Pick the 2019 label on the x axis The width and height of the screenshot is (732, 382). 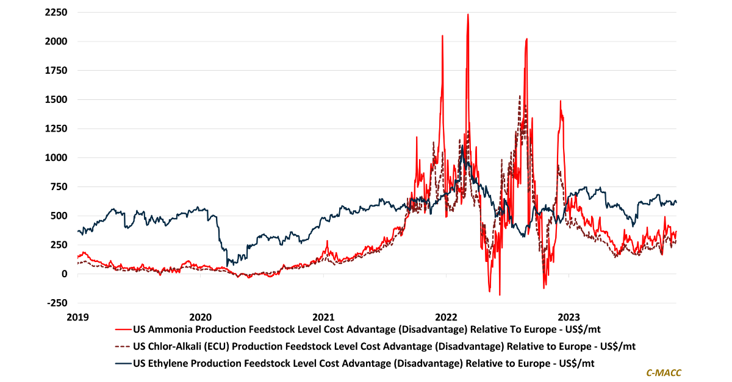[x=77, y=317]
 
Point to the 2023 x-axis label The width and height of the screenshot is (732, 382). [x=569, y=317]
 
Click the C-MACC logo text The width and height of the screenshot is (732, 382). [x=664, y=372]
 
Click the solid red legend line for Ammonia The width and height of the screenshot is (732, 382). [x=123, y=330]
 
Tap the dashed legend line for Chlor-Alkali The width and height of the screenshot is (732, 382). [x=123, y=347]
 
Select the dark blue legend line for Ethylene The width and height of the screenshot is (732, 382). [x=123, y=363]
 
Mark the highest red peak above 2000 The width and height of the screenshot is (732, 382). [x=468, y=15]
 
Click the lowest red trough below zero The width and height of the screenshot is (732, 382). [x=500, y=295]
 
